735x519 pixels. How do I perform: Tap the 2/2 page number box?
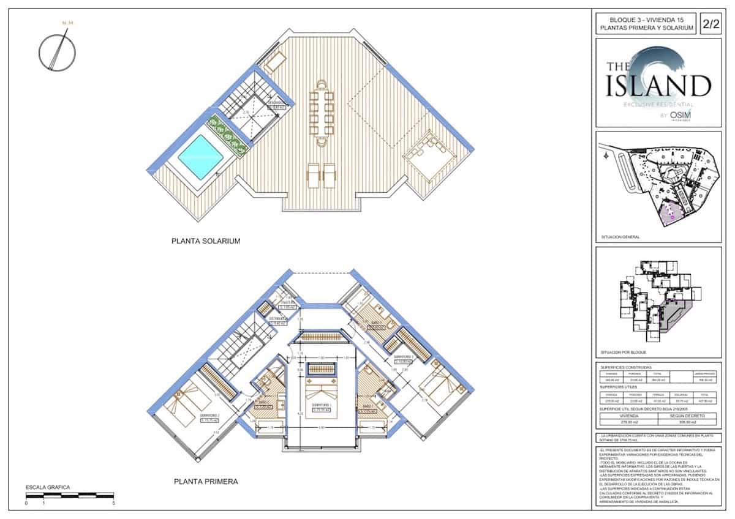click(x=710, y=24)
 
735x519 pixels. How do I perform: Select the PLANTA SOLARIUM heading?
click(x=206, y=241)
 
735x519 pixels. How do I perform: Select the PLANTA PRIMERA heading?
click(x=206, y=482)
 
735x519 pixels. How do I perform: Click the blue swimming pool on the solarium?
click(x=200, y=157)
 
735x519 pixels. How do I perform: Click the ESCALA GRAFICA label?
click(x=48, y=488)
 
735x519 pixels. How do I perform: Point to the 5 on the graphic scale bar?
click(x=114, y=503)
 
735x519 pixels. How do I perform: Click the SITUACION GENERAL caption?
click(x=622, y=237)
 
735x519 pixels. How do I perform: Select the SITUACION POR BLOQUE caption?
click(x=625, y=353)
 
